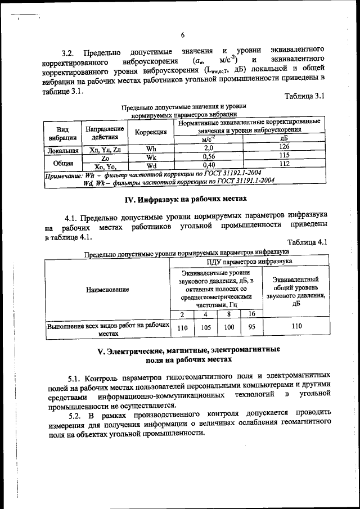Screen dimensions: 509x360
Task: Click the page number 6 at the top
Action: click(183, 35)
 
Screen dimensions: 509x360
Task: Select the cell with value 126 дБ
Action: click(283, 147)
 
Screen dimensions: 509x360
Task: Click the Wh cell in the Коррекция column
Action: click(151, 149)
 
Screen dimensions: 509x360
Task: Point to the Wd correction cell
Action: click(151, 166)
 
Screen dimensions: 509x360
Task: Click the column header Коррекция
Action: click(151, 132)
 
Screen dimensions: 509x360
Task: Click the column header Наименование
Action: click(107, 289)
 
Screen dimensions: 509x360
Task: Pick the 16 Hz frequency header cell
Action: click(251, 314)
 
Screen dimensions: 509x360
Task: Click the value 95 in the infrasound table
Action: click(251, 327)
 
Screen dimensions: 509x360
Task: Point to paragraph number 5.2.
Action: click(75, 414)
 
